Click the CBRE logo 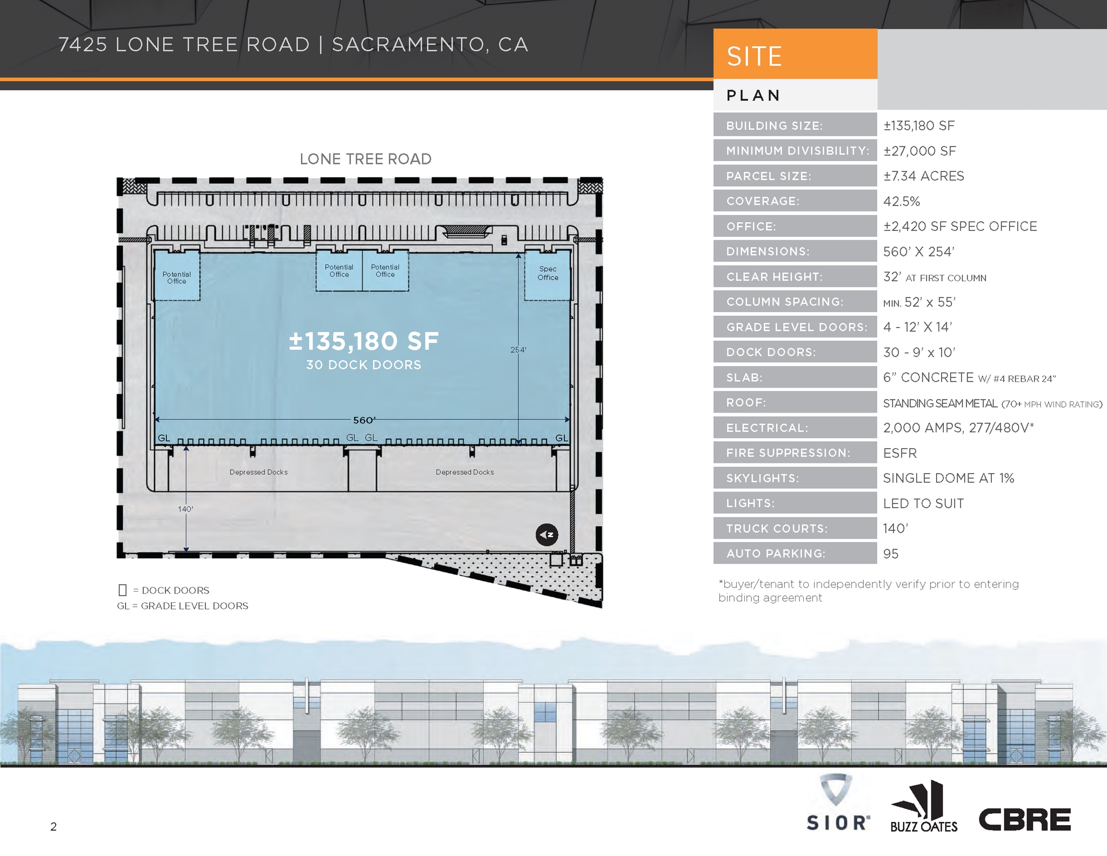click(1024, 819)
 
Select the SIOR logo click(837, 803)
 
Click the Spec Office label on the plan click(548, 273)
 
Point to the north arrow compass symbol click(546, 535)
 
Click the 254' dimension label click(518, 350)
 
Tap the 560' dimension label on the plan click(364, 420)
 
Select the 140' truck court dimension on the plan click(185, 509)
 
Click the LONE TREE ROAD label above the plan click(365, 159)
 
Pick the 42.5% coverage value click(901, 201)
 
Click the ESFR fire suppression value click(899, 453)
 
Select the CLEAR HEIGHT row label click(774, 277)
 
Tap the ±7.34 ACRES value click(923, 176)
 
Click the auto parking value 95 click(890, 554)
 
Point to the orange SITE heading click(754, 56)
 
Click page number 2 click(54, 826)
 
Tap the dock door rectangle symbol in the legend click(122, 590)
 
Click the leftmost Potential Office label click(176, 277)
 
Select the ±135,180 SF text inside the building click(364, 341)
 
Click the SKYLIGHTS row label click(762, 478)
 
